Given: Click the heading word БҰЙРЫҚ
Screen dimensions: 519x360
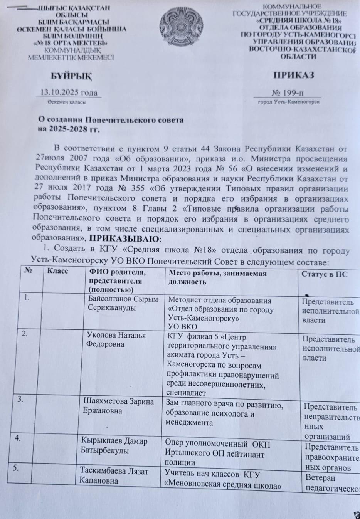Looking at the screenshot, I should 72,76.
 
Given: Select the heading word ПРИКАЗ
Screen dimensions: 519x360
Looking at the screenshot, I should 294,75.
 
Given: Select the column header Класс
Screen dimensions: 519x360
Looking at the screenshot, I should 57,271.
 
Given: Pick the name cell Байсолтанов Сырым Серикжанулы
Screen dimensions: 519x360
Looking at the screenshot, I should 123,303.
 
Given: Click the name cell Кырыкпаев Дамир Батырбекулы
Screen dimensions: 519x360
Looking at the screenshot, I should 114,445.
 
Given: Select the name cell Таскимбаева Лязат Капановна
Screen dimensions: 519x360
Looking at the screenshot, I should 114,475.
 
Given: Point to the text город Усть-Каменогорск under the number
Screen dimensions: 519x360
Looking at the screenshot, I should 288,102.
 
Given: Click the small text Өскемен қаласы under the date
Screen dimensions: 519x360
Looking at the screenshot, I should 67,102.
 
